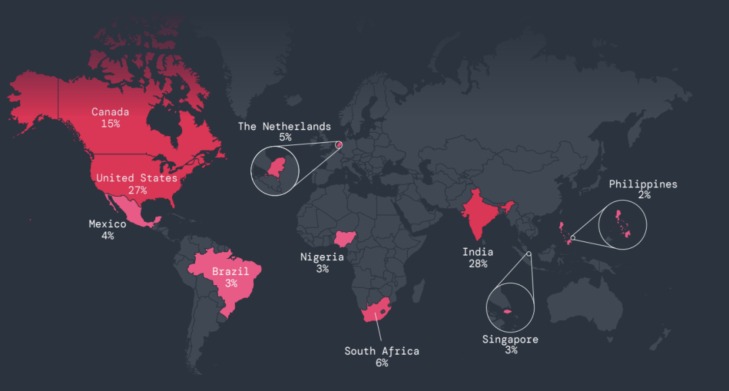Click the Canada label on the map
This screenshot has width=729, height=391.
click(110, 112)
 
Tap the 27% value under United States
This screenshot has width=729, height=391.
click(137, 190)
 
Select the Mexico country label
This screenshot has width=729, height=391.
click(107, 224)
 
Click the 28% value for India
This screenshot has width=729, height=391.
click(478, 264)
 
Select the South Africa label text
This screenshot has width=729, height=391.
click(381, 351)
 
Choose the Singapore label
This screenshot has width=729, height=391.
click(510, 339)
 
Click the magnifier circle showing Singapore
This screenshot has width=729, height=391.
click(510, 308)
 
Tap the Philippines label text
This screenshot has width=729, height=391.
click(643, 184)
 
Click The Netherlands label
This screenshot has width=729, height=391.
click(284, 126)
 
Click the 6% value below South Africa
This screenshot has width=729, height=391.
click(381, 363)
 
